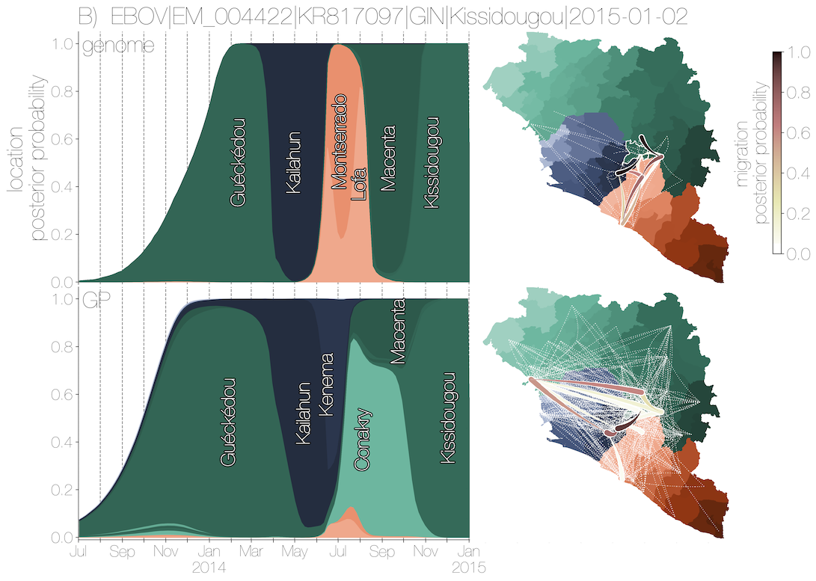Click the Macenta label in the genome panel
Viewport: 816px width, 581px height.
(x=387, y=159)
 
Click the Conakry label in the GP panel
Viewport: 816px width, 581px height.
(x=362, y=440)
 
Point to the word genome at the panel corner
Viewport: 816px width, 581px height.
(x=118, y=46)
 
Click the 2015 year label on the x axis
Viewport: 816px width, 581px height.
(x=469, y=568)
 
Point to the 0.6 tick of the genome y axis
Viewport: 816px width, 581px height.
(x=63, y=139)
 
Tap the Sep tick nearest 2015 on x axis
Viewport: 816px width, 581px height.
(x=381, y=553)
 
